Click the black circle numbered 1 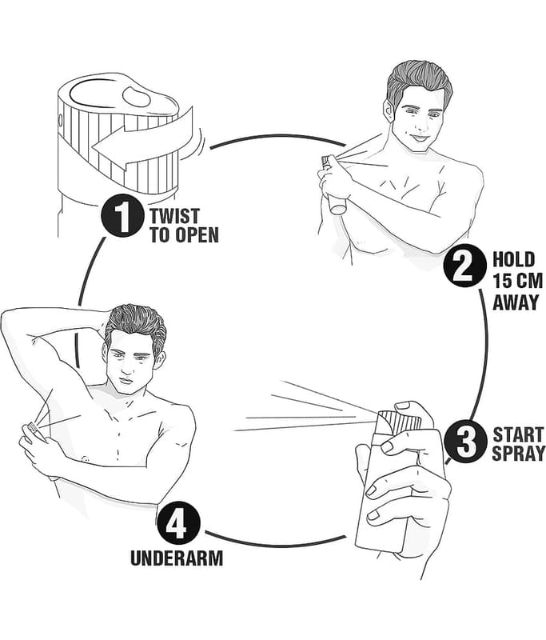[x=122, y=215]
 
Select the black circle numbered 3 [x=465, y=442]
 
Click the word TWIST [x=174, y=216]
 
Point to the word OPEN [x=197, y=234]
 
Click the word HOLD [x=513, y=259]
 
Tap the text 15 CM [x=518, y=281]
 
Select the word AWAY [x=516, y=302]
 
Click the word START [x=518, y=434]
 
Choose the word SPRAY [x=519, y=454]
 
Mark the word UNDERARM [x=177, y=558]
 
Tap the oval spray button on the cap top [x=137, y=96]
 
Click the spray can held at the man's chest [x=333, y=185]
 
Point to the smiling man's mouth [x=418, y=138]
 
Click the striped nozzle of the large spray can [x=398, y=422]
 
